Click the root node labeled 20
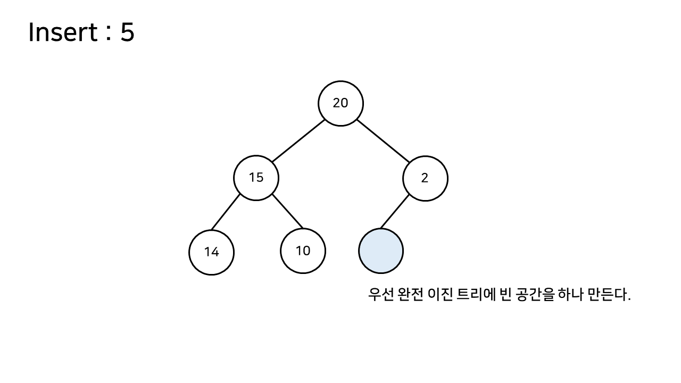[x=340, y=103]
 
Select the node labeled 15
[x=256, y=178]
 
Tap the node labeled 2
[x=425, y=178]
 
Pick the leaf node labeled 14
[x=211, y=252]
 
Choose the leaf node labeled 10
[x=303, y=251]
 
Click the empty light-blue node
[x=381, y=251]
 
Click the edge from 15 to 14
[x=226, y=213]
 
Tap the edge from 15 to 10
[x=287, y=212]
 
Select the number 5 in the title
[x=127, y=33]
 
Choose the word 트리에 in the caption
[x=475, y=294]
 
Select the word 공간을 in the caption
[x=534, y=294]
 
